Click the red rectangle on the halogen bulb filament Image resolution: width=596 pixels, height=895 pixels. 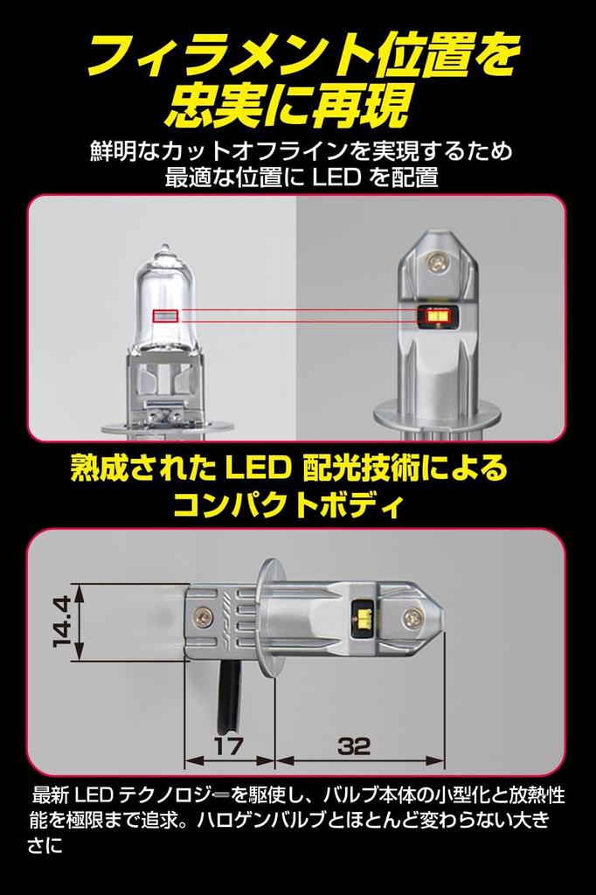coord(165,316)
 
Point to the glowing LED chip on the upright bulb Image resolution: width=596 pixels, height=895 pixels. coord(433,316)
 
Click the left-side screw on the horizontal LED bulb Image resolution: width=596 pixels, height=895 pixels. coord(205,615)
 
